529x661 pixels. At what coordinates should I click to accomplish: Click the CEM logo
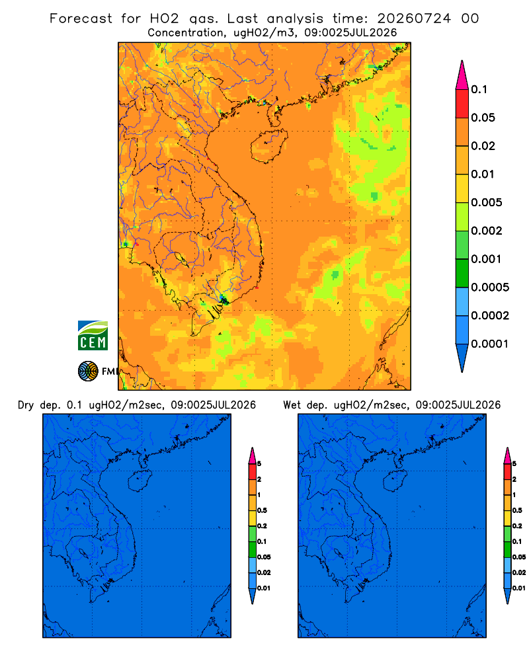(x=93, y=336)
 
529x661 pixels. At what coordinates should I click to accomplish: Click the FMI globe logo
(x=88, y=371)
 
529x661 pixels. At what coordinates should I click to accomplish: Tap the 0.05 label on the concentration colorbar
(x=483, y=118)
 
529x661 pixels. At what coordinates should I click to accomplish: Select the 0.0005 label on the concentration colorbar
(x=490, y=288)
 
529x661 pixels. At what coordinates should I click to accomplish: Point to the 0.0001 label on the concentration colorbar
(x=489, y=344)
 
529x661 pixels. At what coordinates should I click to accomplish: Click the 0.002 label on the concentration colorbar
(x=487, y=231)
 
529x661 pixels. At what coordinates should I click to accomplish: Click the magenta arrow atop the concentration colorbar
(x=462, y=75)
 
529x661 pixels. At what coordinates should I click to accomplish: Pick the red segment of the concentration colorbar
(x=462, y=104)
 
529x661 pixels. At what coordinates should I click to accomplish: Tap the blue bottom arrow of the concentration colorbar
(x=462, y=358)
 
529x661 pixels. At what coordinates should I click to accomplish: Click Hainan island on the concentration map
(x=268, y=146)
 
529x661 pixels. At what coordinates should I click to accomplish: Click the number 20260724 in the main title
(x=414, y=19)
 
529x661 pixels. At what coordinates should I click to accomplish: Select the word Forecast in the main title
(x=81, y=19)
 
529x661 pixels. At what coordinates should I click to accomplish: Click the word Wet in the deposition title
(x=292, y=405)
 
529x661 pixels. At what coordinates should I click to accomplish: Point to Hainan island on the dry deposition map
(x=140, y=481)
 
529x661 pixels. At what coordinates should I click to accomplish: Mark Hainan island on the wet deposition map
(x=395, y=481)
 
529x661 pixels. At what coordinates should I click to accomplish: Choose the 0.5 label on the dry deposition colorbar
(x=262, y=510)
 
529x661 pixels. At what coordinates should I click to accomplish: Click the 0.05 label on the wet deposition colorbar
(x=519, y=557)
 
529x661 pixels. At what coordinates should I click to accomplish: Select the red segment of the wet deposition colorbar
(x=507, y=471)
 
